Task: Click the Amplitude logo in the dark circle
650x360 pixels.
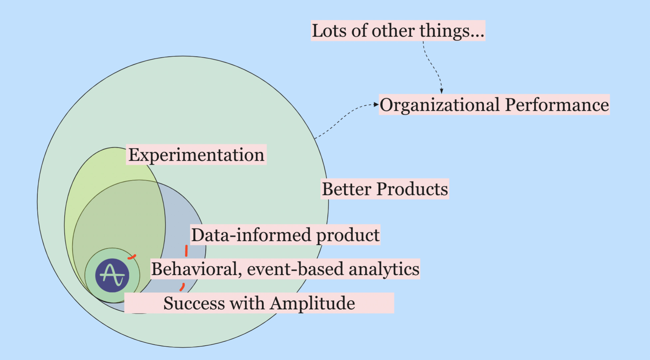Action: [x=112, y=275]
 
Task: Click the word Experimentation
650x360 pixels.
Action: [x=196, y=155]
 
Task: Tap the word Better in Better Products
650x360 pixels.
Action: [x=347, y=189]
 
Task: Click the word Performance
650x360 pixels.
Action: [x=557, y=105]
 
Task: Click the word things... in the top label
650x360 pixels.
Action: [x=452, y=31]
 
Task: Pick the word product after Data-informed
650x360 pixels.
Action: [x=348, y=235]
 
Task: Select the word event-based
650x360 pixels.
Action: [x=295, y=269]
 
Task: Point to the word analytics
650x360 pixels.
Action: [x=384, y=269]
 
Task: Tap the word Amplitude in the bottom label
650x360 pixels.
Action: [x=312, y=303]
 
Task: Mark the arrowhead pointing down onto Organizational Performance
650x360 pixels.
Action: [x=441, y=91]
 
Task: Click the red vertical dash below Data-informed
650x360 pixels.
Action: [x=186, y=251]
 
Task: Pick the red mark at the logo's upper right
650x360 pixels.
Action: [x=132, y=257]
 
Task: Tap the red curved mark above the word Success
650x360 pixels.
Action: [x=182, y=287]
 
